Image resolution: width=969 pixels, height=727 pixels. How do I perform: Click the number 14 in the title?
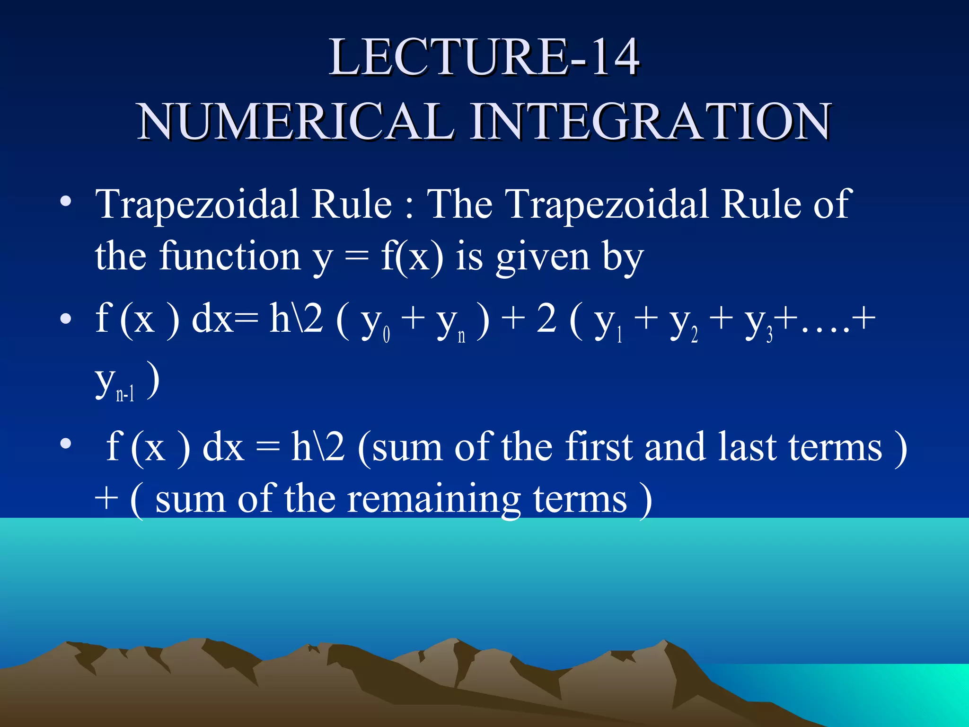(615, 57)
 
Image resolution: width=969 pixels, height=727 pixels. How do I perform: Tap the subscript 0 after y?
(387, 335)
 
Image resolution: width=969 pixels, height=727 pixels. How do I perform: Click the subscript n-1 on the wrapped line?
(125, 394)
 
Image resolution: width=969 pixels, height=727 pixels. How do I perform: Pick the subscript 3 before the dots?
(770, 335)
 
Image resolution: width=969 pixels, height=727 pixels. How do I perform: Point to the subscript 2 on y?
(695, 335)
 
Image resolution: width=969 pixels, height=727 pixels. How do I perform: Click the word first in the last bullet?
(599, 447)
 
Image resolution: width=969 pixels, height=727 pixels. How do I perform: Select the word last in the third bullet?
(747, 447)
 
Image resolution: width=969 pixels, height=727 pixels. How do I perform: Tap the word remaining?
(434, 499)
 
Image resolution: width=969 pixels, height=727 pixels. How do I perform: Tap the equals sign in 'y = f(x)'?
(356, 257)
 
